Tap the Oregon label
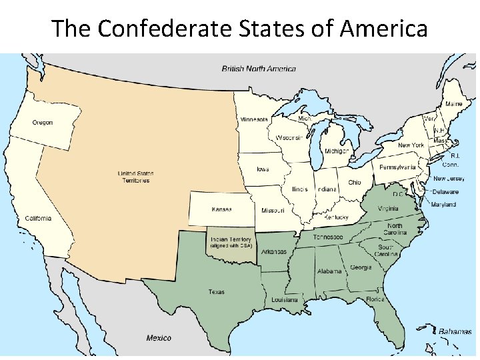[42, 123]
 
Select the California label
[37, 219]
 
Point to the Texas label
[217, 292]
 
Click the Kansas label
[221, 209]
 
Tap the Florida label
[375, 299]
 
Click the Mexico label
[159, 338]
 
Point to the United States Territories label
[135, 177]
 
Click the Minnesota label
[254, 120]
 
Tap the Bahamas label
[455, 331]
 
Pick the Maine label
[453, 104]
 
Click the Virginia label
[388, 208]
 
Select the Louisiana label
[285, 300]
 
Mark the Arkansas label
[273, 252]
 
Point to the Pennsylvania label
[397, 167]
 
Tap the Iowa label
[263, 169]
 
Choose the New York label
[411, 145]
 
